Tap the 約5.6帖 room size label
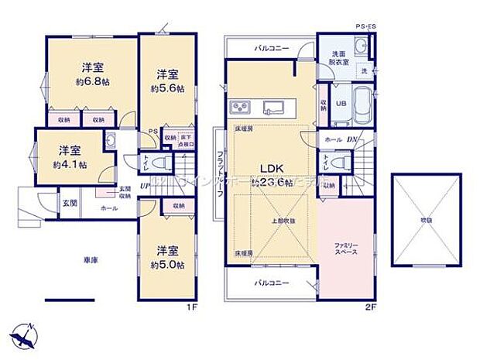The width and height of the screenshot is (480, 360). pos(168,89)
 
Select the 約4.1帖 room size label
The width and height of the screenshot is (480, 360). pos(70,164)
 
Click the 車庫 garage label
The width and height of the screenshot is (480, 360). pos(74,261)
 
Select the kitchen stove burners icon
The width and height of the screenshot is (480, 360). pos(238,106)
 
